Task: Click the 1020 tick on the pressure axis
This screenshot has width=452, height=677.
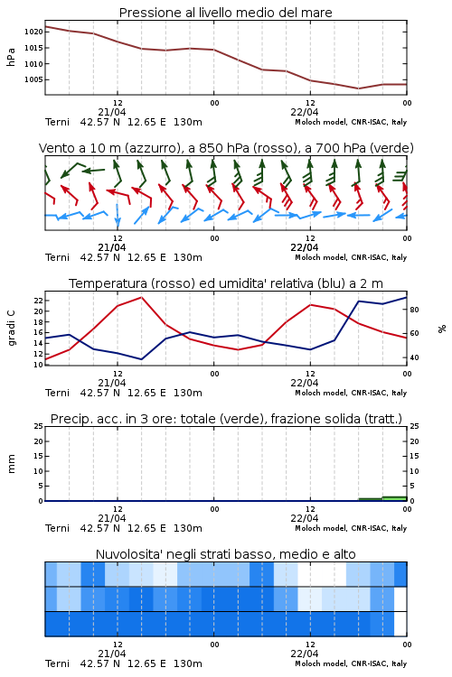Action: point(33,32)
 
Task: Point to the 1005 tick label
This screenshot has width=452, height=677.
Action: point(33,79)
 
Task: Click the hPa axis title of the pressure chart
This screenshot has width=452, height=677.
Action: point(11,57)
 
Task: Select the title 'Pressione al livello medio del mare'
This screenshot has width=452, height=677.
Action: point(226,13)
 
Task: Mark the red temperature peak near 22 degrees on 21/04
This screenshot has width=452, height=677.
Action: point(141,297)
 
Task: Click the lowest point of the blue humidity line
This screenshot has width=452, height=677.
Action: point(141,359)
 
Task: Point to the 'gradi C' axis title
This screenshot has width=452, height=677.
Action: point(11,328)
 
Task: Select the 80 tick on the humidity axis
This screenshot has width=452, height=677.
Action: point(414,310)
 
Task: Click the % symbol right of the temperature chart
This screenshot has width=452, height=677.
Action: point(442,329)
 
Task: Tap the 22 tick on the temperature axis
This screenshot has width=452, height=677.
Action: point(39,301)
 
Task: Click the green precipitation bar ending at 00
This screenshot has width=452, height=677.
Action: point(394,498)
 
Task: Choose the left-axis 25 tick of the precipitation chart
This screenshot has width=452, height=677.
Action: point(39,426)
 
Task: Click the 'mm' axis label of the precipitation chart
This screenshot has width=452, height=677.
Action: point(11,464)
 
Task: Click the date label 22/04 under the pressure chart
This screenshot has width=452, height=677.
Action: point(305,112)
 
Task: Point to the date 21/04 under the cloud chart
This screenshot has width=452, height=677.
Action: point(112,654)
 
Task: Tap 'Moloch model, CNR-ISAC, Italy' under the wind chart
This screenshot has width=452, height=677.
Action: point(351,257)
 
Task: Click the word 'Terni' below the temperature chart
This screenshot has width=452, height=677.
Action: point(58,393)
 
